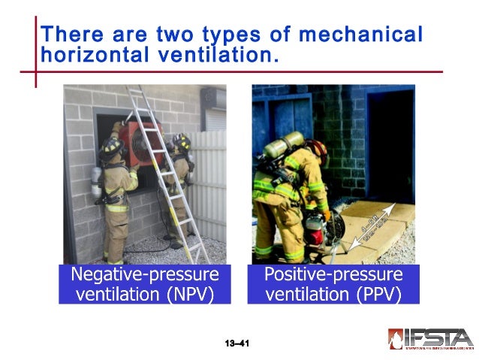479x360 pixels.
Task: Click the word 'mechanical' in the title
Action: [360, 35]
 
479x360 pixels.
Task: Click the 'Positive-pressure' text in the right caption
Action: [333, 274]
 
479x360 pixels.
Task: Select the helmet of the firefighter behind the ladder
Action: [182, 141]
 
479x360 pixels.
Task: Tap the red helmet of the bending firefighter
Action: [318, 146]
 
